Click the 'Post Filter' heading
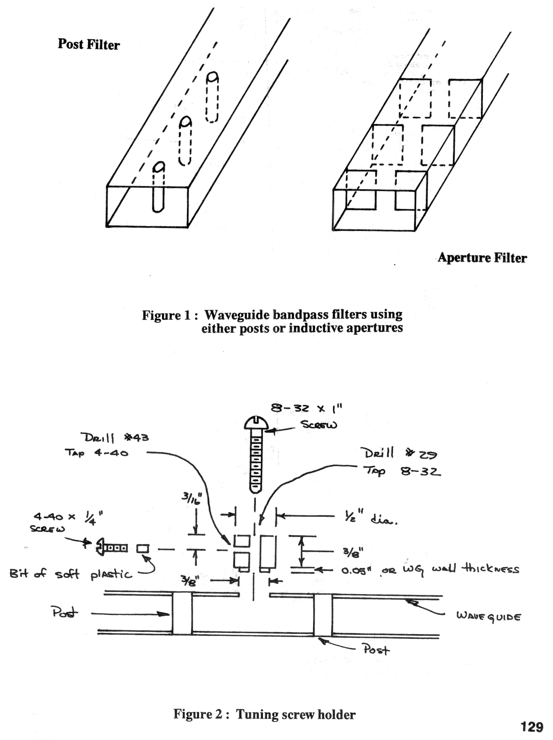pos(88,44)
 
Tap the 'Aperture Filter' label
pos(482,257)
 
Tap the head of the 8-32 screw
pos(256,423)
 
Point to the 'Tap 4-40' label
pos(96,453)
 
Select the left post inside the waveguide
pos(182,614)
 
